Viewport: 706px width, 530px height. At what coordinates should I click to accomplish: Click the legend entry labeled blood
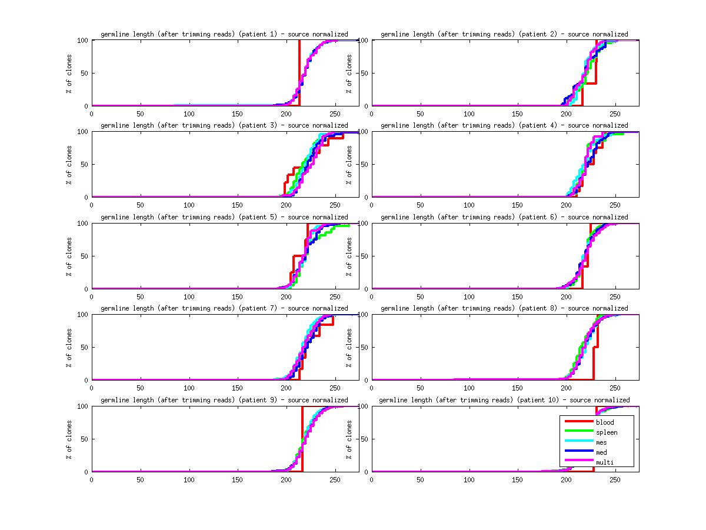[604, 422]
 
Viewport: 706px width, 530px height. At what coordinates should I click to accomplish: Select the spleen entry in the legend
[607, 432]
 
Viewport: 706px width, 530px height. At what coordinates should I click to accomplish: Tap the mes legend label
[601, 442]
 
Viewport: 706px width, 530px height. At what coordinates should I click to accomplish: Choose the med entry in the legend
[601, 452]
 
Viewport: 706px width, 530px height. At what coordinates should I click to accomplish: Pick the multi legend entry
[604, 462]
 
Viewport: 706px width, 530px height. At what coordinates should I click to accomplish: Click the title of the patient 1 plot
[224, 34]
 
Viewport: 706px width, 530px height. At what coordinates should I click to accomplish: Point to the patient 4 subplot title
[504, 125]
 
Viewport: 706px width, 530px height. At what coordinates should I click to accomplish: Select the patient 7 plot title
[224, 308]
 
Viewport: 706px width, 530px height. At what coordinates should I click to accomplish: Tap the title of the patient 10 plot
[504, 400]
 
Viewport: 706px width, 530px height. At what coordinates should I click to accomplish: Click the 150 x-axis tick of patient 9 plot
[238, 479]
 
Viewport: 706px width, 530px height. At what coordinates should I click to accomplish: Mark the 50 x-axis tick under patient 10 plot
[420, 479]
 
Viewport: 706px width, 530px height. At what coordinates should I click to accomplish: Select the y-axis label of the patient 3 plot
[69, 165]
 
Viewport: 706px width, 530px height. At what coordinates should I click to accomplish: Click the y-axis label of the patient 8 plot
[349, 348]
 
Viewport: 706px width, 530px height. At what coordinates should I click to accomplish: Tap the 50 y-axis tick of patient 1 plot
[84, 74]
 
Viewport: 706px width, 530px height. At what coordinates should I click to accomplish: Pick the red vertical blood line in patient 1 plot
[299, 71]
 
